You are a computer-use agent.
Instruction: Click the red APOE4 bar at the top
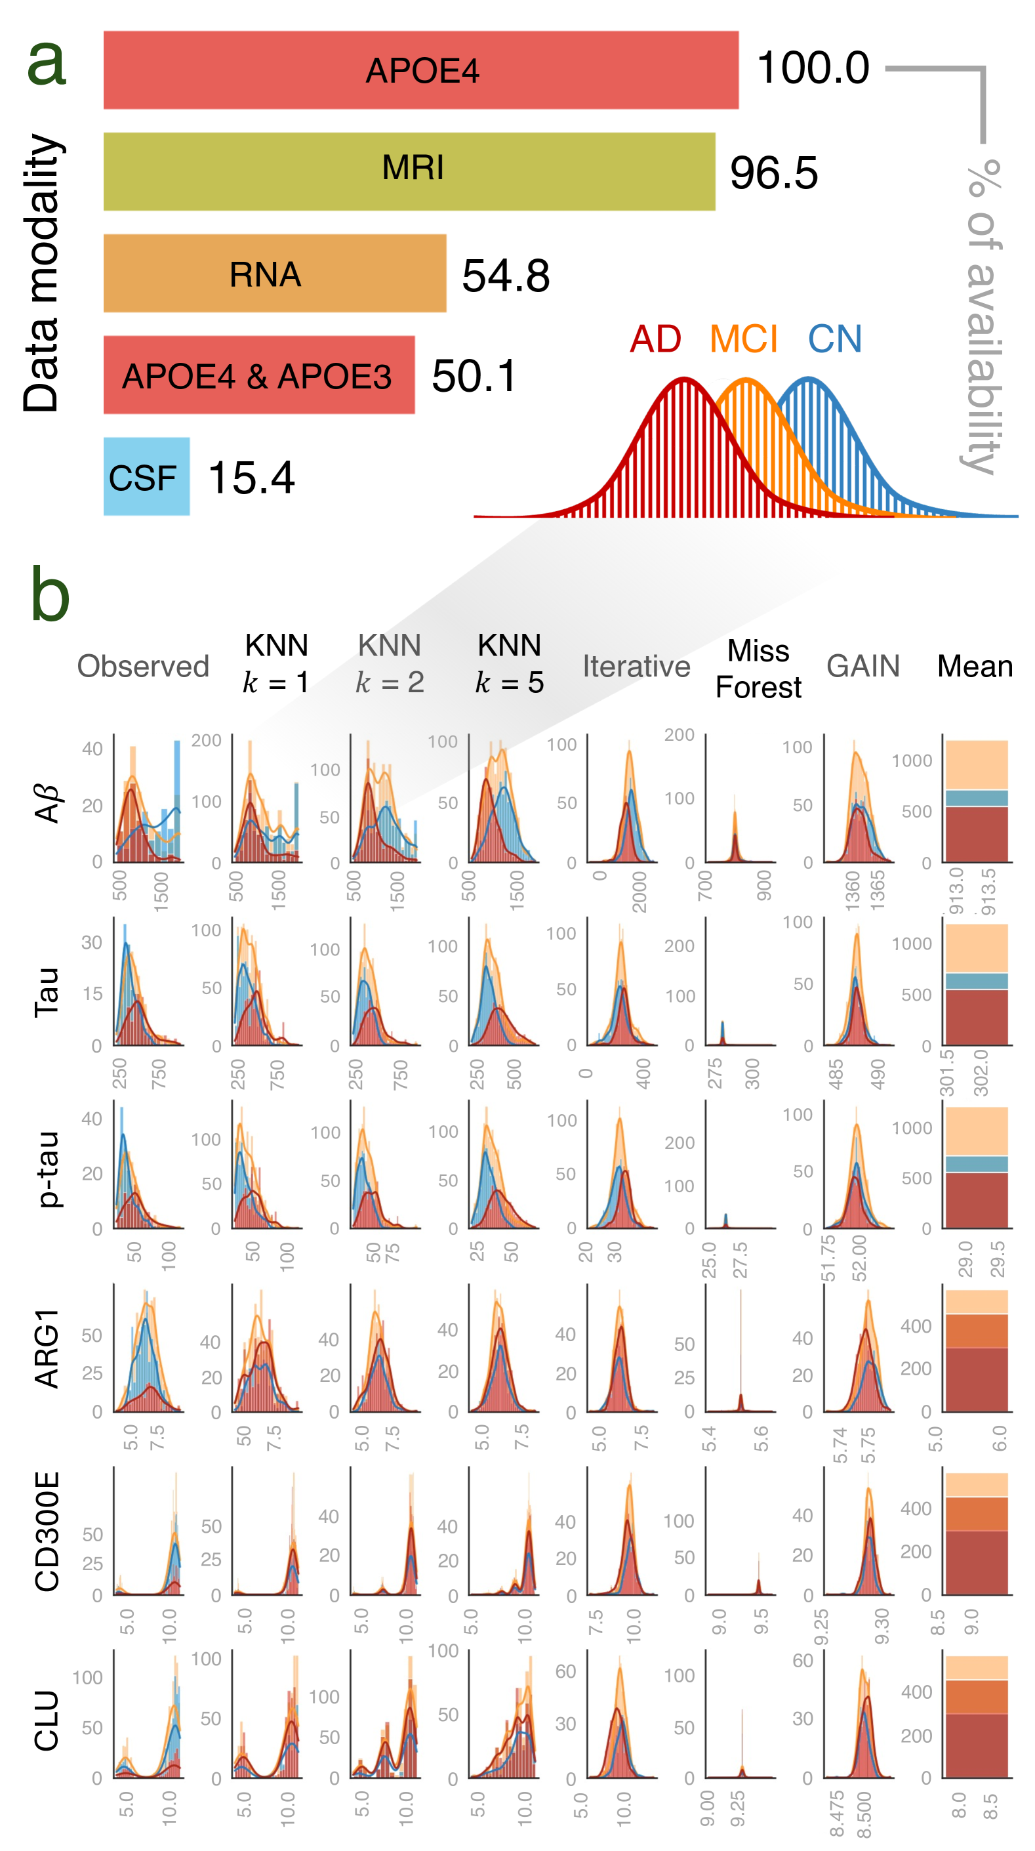(x=421, y=70)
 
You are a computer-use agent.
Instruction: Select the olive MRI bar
(x=409, y=171)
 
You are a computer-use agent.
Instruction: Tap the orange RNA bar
(x=274, y=273)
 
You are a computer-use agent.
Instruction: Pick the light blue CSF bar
(x=146, y=476)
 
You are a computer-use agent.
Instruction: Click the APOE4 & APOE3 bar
(x=258, y=375)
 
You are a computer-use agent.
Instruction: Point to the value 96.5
(x=773, y=173)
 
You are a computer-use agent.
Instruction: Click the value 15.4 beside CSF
(x=251, y=478)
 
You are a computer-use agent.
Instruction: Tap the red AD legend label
(x=655, y=339)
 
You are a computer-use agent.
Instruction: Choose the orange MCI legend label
(x=743, y=339)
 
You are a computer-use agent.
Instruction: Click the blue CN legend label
(x=834, y=339)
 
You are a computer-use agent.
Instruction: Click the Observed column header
(x=143, y=666)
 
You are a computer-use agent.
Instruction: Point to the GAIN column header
(x=862, y=666)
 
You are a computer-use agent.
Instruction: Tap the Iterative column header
(x=636, y=666)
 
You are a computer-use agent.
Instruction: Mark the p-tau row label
(x=47, y=1169)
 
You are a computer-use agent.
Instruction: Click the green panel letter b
(x=51, y=595)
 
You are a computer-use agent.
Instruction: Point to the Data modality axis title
(x=42, y=273)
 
